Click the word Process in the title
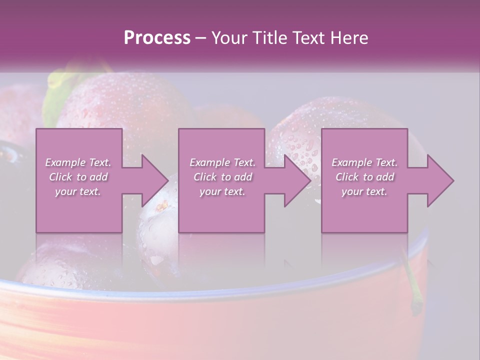coord(157,38)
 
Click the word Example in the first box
coord(65,162)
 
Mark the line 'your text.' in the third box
coord(364,191)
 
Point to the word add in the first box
coord(98,177)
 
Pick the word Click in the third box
coord(347,177)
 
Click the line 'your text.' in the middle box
coord(222,191)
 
